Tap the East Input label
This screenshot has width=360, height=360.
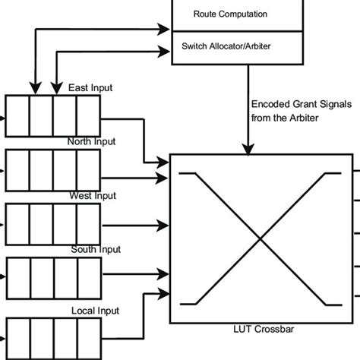click(x=90, y=87)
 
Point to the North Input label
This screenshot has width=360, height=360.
click(x=92, y=141)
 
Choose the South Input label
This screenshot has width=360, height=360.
click(x=94, y=250)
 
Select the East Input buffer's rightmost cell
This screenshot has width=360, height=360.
click(x=89, y=118)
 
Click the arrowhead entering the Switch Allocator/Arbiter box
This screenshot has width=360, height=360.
click(x=165, y=51)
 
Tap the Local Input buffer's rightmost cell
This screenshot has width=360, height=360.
click(x=89, y=338)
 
